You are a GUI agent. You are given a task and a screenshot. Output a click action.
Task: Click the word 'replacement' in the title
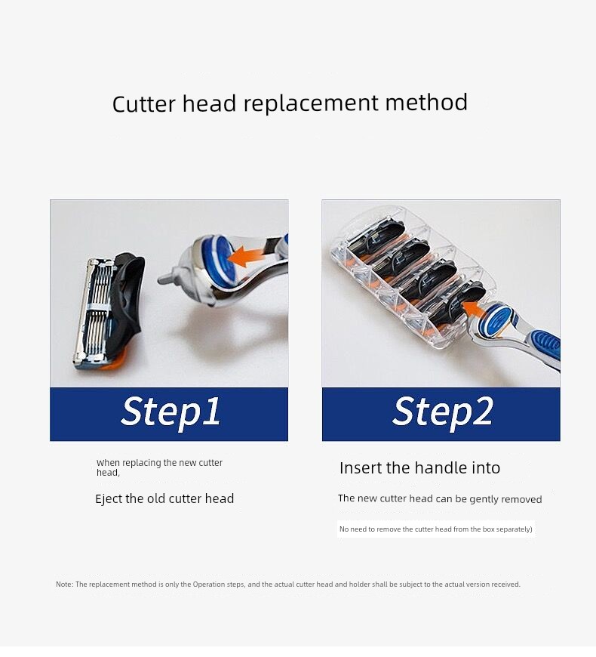(x=310, y=103)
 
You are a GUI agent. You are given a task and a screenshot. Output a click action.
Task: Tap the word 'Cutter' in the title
(x=143, y=104)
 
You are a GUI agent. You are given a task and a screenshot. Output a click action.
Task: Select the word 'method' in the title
(x=426, y=103)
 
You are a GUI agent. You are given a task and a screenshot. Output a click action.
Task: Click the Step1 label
(x=171, y=412)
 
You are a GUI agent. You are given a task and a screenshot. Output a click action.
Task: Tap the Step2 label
(x=442, y=412)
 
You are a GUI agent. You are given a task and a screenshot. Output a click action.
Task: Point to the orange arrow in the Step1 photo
(x=245, y=255)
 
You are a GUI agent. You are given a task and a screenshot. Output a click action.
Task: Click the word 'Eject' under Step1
(x=109, y=498)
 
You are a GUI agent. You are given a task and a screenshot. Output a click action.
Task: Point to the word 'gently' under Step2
(x=484, y=499)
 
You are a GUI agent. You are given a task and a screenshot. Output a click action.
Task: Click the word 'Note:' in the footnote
(x=64, y=584)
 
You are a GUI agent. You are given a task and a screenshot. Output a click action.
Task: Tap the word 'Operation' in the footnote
(x=209, y=584)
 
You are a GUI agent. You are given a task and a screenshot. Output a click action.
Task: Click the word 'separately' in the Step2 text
(x=514, y=529)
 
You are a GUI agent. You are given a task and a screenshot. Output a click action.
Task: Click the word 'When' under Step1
(x=108, y=463)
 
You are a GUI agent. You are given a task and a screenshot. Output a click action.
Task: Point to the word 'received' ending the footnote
(x=505, y=584)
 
